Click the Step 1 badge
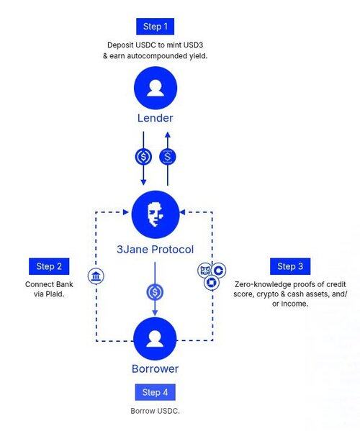coord(155,27)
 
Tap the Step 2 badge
coord(49,266)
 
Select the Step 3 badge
coord(290,266)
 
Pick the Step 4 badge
coord(155,392)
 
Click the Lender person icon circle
coord(156,88)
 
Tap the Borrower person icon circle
coord(155,339)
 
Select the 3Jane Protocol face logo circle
coord(156,214)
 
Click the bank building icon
coord(96,276)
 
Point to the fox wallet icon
coord(205,271)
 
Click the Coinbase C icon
coord(219,271)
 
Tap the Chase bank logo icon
coord(212,283)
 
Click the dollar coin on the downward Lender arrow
coord(143,157)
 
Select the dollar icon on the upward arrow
coord(168,157)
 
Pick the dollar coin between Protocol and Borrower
coord(155,292)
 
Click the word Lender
coord(155,118)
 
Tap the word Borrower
coord(155,368)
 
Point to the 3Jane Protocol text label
coord(155,249)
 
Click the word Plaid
coord(55,294)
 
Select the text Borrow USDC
coord(155,411)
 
